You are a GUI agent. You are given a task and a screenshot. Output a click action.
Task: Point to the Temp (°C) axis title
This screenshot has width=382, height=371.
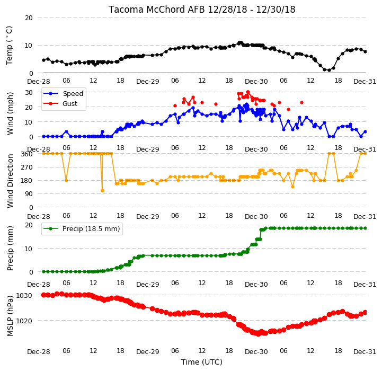tap(9, 46)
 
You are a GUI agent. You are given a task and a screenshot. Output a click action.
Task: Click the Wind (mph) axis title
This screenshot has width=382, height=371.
tap(10, 113)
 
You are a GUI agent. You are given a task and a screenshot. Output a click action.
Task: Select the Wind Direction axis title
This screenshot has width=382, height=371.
tap(10, 181)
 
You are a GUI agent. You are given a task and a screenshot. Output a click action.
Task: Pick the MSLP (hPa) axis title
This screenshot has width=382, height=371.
tap(10, 316)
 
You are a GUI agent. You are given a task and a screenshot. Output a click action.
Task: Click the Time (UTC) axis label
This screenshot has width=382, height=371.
tap(202, 362)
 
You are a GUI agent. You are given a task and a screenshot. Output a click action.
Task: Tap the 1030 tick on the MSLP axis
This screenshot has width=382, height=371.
tap(24, 296)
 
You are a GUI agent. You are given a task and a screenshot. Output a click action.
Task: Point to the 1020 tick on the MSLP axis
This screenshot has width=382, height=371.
tap(24, 321)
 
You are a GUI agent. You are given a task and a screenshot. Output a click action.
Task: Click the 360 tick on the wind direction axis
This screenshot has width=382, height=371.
tap(26, 154)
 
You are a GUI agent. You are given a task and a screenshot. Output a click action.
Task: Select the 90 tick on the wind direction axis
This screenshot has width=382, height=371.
tap(29, 194)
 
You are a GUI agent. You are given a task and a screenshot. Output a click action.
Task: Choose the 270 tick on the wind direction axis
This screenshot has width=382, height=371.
tap(26, 167)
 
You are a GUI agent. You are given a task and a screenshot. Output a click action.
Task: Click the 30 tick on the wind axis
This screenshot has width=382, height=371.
tap(29, 93)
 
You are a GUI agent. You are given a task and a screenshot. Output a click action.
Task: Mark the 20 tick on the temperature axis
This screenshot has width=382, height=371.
tap(29, 18)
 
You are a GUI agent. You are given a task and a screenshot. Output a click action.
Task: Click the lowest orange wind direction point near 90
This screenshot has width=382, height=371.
tap(103, 191)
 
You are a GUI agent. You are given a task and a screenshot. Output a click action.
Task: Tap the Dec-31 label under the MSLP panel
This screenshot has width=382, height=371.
tap(365, 352)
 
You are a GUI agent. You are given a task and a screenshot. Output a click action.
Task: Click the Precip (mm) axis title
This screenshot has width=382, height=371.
tap(10, 248)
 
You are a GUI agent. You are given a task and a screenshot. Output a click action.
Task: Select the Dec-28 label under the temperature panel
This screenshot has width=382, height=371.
tap(39, 82)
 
